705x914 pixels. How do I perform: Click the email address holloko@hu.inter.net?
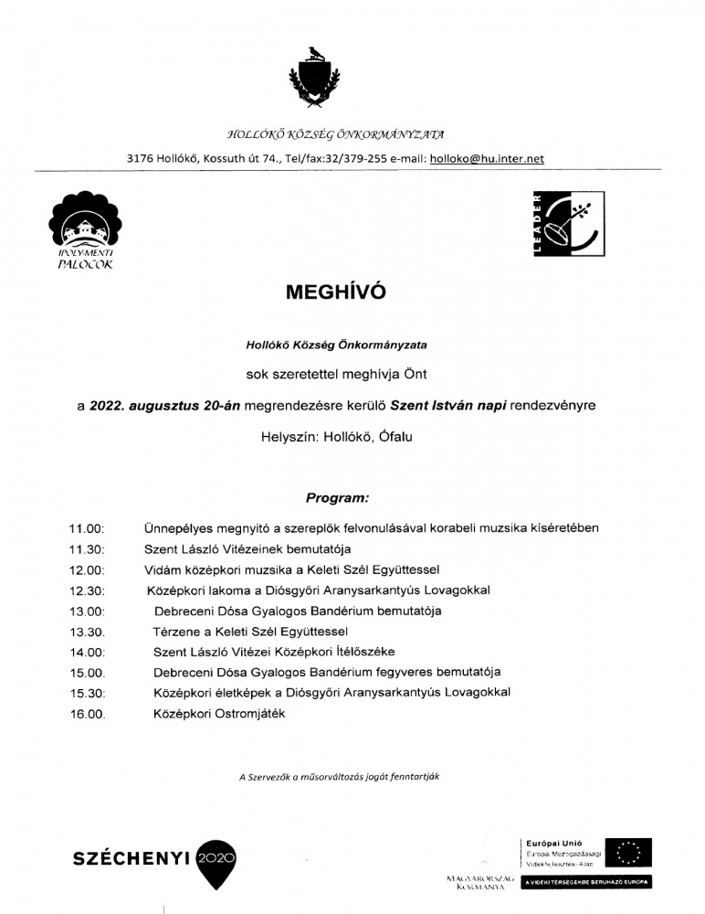point(487,158)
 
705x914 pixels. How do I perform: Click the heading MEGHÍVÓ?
point(336,292)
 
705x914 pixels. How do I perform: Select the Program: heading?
point(338,498)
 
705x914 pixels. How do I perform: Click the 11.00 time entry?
point(87,528)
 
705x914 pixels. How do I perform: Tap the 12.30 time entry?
point(87,590)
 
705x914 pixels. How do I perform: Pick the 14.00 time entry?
point(87,653)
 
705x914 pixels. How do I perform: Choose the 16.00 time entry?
point(87,714)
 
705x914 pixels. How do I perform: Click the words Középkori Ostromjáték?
point(219,714)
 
